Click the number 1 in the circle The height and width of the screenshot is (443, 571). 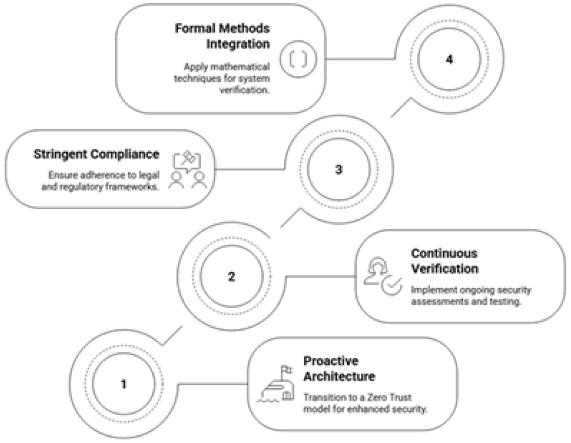pyautogui.click(x=124, y=384)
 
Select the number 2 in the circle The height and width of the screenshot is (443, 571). pyautogui.click(x=231, y=277)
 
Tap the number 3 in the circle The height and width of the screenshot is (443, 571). pyautogui.click(x=339, y=169)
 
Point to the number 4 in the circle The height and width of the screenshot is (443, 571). pyautogui.click(x=449, y=60)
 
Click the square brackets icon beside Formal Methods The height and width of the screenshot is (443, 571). pyautogui.click(x=299, y=59)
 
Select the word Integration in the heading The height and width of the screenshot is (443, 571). pyautogui.click(x=238, y=44)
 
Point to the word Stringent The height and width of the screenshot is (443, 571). pyautogui.click(x=60, y=154)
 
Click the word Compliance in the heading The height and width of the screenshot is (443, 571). pyautogui.click(x=125, y=154)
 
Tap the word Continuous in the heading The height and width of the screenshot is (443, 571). pyautogui.click(x=444, y=253)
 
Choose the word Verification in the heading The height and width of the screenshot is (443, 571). pyautogui.click(x=444, y=269)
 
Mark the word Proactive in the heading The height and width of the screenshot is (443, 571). pyautogui.click(x=331, y=361)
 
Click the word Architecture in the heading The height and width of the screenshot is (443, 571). pyautogui.click(x=339, y=377)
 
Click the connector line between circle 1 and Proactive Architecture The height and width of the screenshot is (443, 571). pyautogui.click(x=213, y=384)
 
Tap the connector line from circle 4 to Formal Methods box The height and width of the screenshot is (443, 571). pyautogui.click(x=360, y=59)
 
